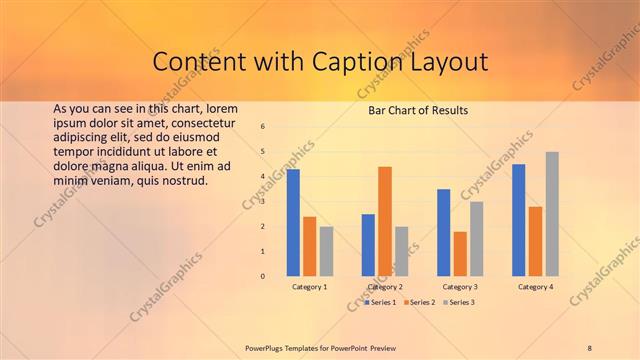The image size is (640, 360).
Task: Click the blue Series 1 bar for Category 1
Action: click(293, 222)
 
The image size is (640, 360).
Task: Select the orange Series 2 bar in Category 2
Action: click(385, 221)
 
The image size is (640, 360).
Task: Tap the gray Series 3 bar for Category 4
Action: click(552, 214)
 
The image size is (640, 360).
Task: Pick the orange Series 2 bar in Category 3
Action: click(460, 254)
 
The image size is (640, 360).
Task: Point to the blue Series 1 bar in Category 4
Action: click(518, 220)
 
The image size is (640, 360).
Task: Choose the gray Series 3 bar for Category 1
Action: click(327, 251)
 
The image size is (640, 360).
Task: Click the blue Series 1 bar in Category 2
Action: click(368, 245)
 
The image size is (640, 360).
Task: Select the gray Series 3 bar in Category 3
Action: click(477, 239)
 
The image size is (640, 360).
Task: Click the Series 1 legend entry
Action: click(380, 301)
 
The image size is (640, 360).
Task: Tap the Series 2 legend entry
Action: click(419, 301)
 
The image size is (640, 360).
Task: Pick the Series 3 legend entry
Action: click(459, 301)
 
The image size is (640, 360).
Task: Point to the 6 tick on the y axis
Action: click(262, 127)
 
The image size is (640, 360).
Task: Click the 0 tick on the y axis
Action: click(262, 276)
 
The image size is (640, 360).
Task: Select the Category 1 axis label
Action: click(310, 287)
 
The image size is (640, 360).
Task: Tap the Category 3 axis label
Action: click(460, 287)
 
